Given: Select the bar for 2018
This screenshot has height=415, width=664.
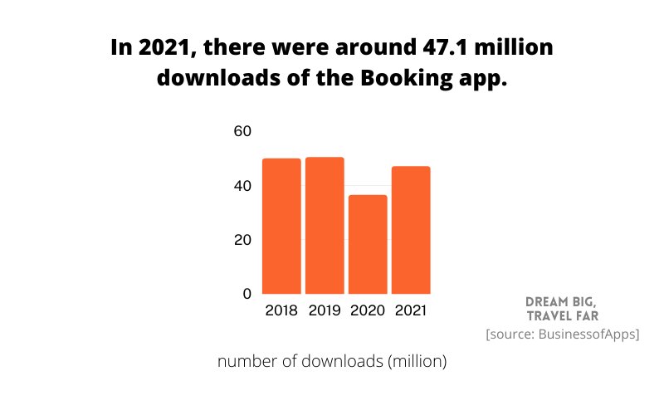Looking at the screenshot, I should [x=281, y=226].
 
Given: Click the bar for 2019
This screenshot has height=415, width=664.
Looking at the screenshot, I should [x=325, y=225].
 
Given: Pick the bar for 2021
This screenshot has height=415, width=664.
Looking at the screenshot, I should [x=411, y=230].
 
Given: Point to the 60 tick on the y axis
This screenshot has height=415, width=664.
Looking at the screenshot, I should [x=242, y=131].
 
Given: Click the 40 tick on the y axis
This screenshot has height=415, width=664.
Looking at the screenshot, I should [x=242, y=186].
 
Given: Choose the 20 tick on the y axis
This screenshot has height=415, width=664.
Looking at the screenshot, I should [x=242, y=240].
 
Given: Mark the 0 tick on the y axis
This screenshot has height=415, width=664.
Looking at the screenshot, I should [x=247, y=294].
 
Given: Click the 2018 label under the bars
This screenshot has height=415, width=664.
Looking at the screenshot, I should [x=281, y=311].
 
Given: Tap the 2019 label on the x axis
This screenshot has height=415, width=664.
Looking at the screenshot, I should [x=325, y=311].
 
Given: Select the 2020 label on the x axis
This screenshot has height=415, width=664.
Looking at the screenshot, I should [x=368, y=311].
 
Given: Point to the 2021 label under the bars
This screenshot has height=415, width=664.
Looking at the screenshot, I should [x=411, y=311].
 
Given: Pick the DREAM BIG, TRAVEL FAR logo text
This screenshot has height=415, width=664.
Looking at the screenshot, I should [x=562, y=308].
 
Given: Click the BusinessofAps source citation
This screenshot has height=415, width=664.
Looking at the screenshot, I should [x=562, y=334].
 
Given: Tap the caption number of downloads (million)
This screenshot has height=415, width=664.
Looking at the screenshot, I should [x=332, y=362].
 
